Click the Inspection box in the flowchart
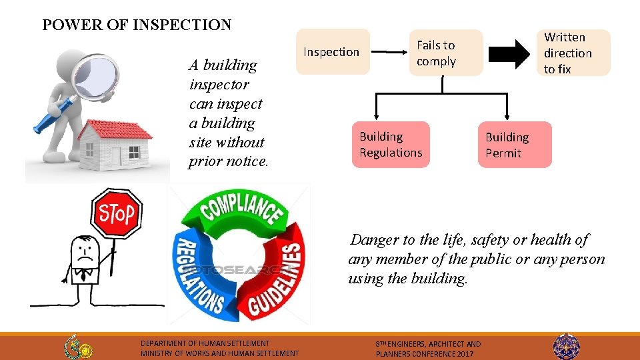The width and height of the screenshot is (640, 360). point(332,52)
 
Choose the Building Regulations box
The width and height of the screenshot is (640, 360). point(391,145)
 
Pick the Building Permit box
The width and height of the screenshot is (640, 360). point(515,145)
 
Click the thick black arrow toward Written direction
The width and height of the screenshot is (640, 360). point(513,53)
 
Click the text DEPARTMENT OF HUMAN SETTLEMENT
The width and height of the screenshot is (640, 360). point(205,343)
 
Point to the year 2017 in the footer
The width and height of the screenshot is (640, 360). point(464,354)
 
